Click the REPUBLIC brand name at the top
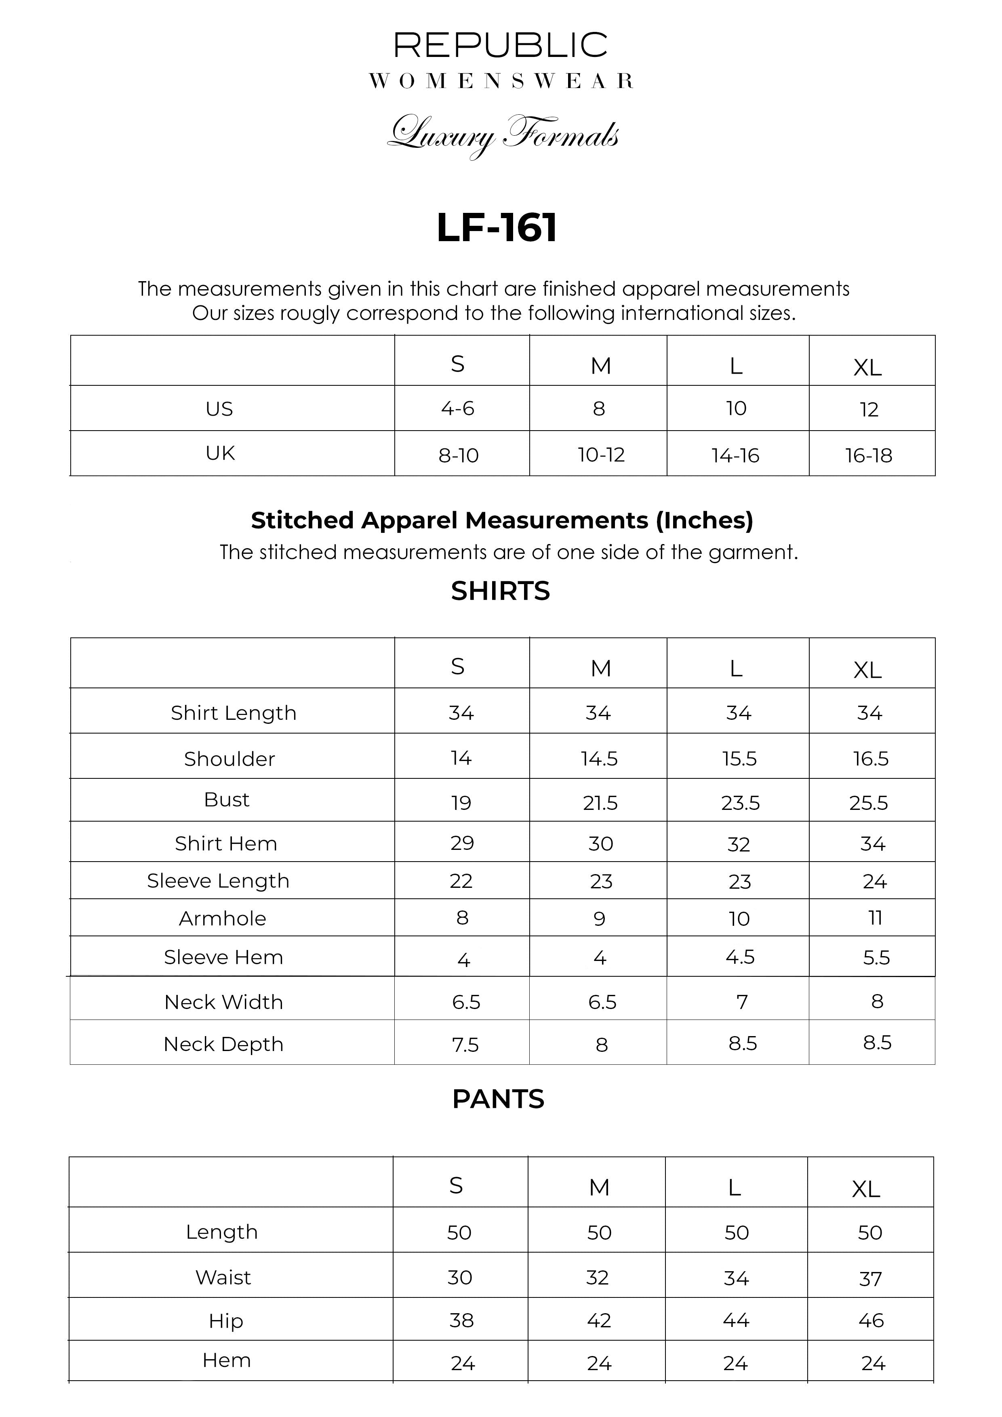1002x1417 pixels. tap(500, 46)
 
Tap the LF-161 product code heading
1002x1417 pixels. tap(497, 228)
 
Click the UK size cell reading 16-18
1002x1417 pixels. tap(869, 456)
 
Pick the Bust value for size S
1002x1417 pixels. tap(461, 802)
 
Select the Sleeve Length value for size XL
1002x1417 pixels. tap(874, 881)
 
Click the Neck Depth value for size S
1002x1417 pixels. tap(465, 1044)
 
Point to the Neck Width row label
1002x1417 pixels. tap(223, 1002)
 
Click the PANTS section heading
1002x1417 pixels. tap(498, 1099)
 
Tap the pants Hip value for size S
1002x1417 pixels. tap(461, 1320)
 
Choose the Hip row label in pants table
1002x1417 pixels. tap(226, 1321)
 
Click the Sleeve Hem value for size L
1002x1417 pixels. tap(740, 957)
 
